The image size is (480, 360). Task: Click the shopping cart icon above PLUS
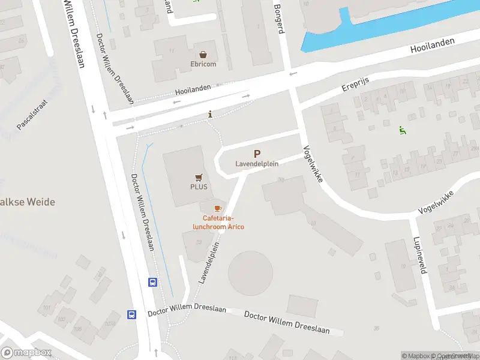click(199, 177)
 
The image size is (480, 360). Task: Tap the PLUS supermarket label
click(199, 187)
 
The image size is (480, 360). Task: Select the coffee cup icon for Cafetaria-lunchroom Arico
click(218, 208)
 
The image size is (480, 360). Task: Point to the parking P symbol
click(257, 154)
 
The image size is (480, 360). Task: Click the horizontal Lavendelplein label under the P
click(257, 164)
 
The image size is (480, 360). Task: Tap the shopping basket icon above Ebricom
click(203, 54)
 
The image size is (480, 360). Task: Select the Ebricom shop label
click(203, 64)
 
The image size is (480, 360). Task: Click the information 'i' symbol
click(210, 115)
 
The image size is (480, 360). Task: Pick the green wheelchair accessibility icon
click(402, 130)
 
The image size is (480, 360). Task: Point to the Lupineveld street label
click(418, 254)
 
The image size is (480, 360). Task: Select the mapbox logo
click(26, 353)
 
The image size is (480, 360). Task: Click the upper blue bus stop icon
click(153, 282)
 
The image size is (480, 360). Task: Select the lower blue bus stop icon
click(131, 314)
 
